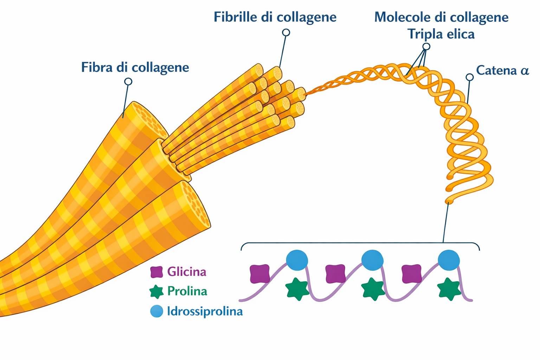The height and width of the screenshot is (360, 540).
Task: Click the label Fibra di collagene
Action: [135, 67]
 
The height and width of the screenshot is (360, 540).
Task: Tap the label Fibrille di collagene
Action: [275, 17]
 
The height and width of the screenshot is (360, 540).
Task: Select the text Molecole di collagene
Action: [441, 17]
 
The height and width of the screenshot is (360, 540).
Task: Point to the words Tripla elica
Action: [441, 34]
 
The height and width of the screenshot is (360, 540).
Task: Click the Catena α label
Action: [502, 70]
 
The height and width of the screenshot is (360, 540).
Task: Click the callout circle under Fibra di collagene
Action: [128, 82]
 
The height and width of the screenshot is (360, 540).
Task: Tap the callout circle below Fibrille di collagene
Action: [286, 33]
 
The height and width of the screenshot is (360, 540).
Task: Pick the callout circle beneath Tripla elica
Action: [426, 46]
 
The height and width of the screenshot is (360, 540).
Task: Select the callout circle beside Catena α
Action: [469, 77]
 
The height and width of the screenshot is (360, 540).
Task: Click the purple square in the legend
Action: [156, 272]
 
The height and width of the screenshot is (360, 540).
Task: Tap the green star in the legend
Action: [156, 291]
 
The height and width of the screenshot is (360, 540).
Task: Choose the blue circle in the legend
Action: [156, 311]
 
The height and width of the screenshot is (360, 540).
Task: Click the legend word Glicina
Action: [187, 272]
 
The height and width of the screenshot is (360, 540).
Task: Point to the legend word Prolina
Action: [187, 291]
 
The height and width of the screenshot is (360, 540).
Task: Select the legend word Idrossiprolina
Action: [205, 311]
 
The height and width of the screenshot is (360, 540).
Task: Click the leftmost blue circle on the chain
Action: [297, 260]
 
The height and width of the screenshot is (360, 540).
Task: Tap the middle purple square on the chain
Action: [335, 274]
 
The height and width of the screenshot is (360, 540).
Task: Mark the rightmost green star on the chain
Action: [449, 289]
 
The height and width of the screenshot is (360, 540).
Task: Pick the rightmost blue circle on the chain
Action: [449, 260]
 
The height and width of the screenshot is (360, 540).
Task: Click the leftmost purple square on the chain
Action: [260, 274]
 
